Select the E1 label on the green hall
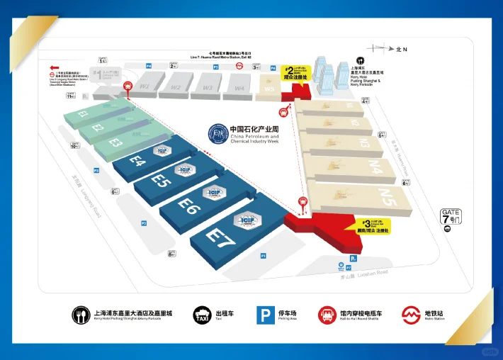point(84,113)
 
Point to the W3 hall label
point(208,88)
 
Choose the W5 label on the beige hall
point(269,89)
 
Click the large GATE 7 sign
point(451,217)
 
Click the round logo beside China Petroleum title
point(217,134)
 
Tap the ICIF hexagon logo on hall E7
point(248,220)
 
